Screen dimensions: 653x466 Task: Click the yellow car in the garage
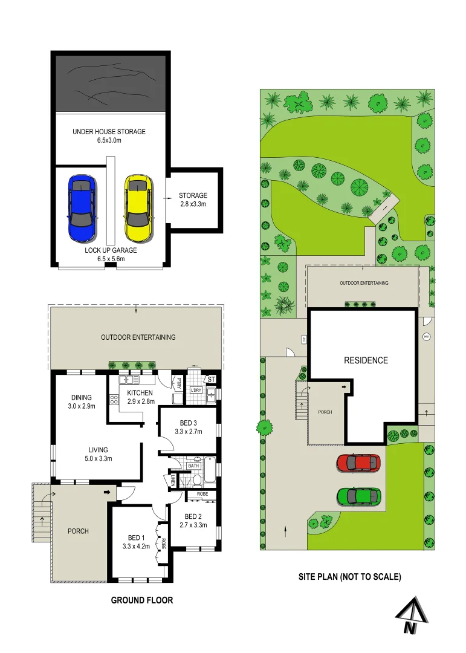click(138, 207)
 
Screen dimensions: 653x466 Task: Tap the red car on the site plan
click(358, 463)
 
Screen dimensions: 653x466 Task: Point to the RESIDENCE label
click(366, 360)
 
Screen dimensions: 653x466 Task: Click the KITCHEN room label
click(140, 393)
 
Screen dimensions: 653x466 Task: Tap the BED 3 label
click(188, 423)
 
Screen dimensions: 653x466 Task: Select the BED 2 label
click(193, 516)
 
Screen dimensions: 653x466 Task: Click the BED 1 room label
click(136, 538)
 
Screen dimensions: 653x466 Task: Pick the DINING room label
click(82, 397)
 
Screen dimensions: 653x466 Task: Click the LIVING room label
click(98, 450)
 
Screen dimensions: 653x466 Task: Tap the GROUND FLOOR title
click(142, 600)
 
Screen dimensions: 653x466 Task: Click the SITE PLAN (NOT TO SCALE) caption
click(349, 577)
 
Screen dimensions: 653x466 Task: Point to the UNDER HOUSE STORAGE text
click(109, 132)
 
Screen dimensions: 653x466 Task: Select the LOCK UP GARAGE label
click(111, 250)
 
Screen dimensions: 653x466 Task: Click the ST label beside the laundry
click(210, 379)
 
